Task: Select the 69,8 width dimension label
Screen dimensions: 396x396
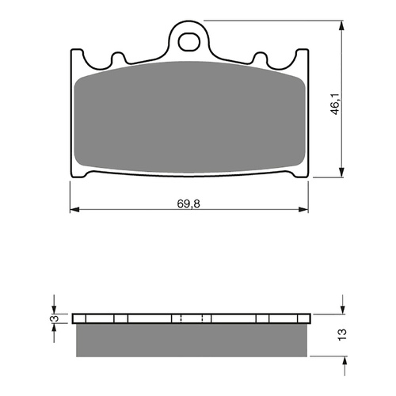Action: [x=188, y=204]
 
